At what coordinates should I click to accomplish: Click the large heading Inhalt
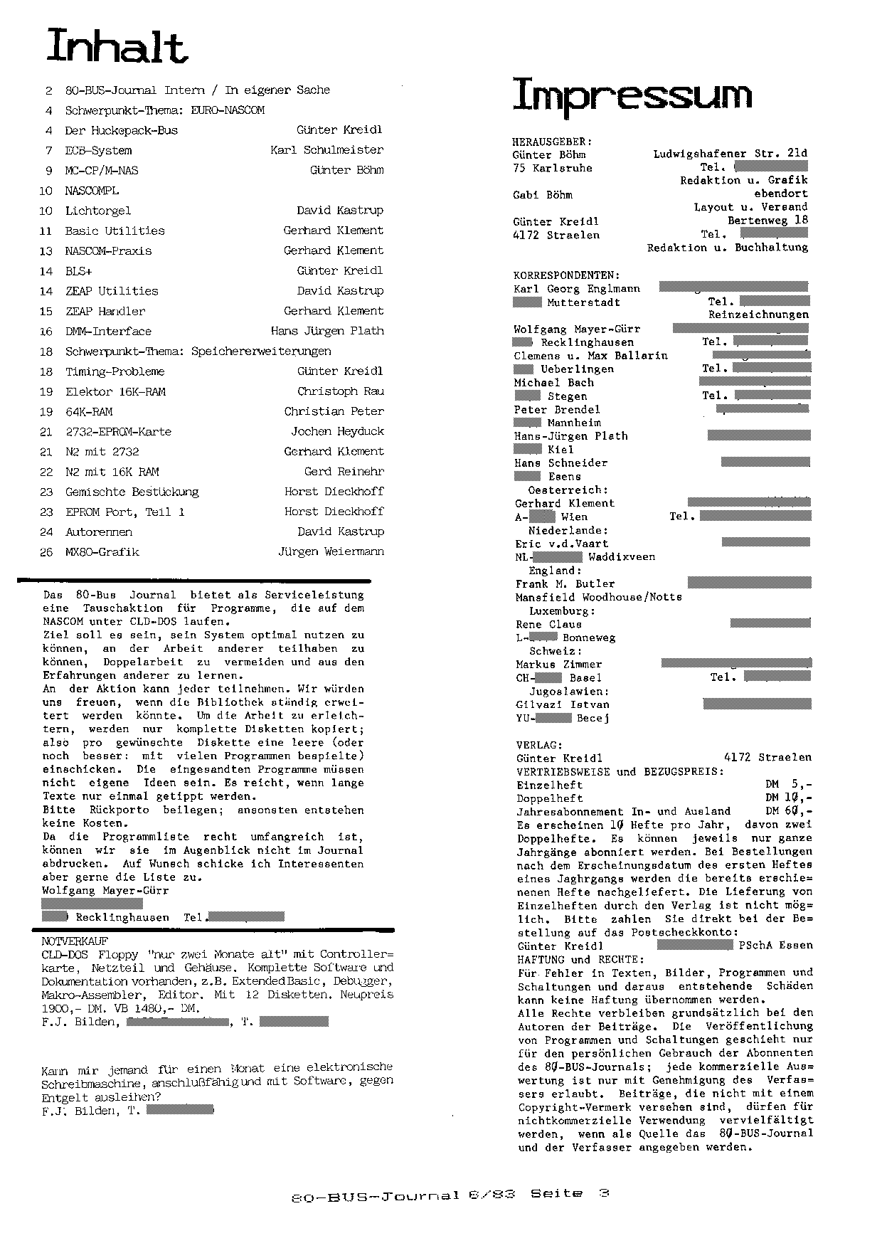click(116, 46)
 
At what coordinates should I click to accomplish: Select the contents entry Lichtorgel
click(98, 211)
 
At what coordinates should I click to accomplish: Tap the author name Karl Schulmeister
click(326, 150)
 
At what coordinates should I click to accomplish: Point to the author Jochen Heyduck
click(337, 431)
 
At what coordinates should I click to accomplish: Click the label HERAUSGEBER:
click(552, 142)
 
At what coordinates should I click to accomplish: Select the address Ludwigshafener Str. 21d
click(730, 153)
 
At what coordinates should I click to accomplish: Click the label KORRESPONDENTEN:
click(566, 275)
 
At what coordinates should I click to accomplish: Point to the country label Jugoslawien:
click(569, 692)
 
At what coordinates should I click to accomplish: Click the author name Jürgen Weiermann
click(331, 551)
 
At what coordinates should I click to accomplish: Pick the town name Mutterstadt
click(583, 302)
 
